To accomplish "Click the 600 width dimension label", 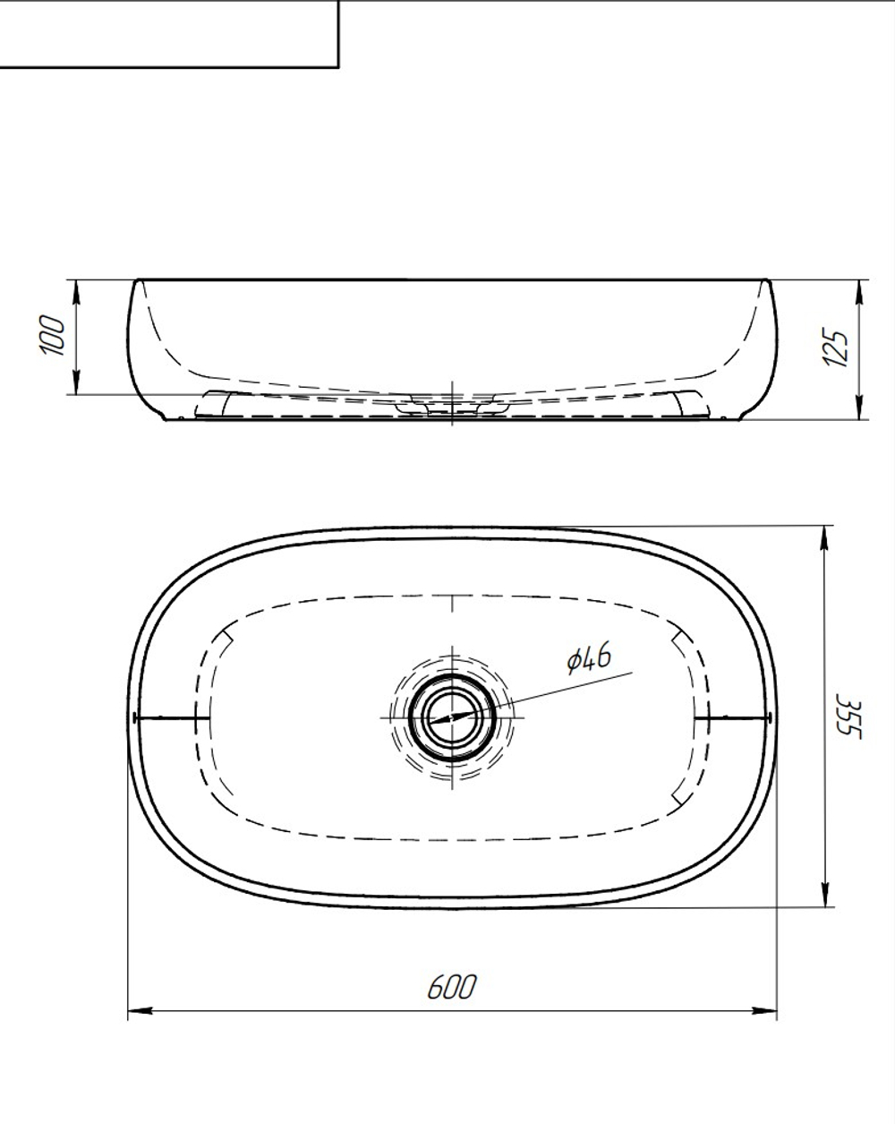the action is coord(452,987).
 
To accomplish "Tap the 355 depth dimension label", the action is coord(849,716).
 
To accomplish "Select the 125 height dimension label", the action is coord(835,347).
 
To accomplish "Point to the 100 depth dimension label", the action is coord(53,335).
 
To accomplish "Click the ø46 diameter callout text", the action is coord(589,658).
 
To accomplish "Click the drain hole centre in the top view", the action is coord(452,717).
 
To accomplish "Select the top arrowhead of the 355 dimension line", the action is coord(824,538).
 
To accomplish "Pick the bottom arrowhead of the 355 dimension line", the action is coord(824,895).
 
